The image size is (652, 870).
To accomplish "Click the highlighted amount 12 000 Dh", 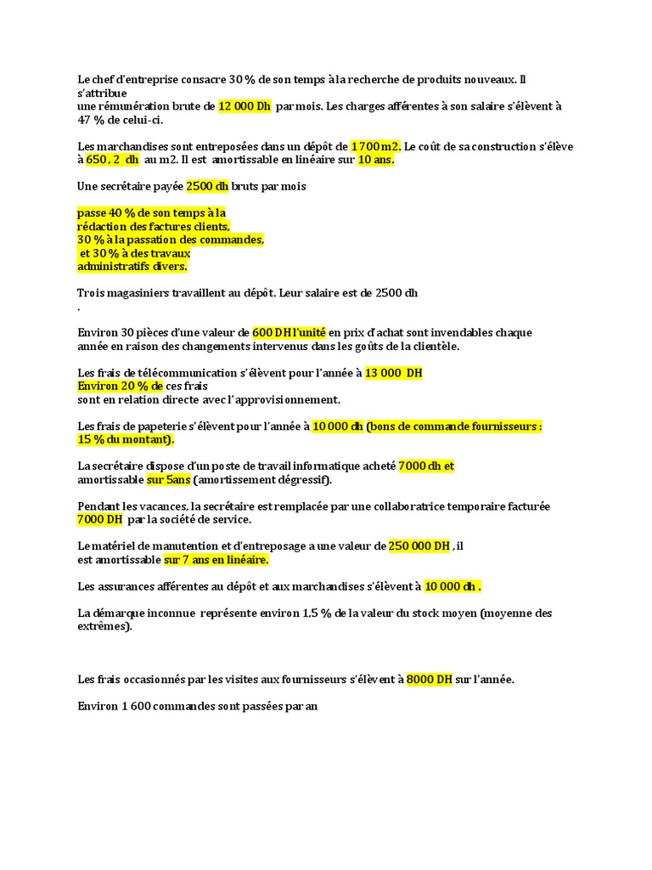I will tap(244, 106).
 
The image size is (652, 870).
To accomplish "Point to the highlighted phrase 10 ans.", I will tap(376, 159).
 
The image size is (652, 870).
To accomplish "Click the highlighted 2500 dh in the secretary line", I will tap(208, 186).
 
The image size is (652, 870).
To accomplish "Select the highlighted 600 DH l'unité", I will tap(289, 332).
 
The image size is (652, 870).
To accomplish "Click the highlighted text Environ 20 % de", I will tap(120, 386).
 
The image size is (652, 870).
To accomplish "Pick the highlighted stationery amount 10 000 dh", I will tap(338, 426).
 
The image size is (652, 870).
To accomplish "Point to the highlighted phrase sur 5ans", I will tap(169, 479).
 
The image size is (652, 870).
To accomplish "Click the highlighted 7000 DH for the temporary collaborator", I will tap(99, 519).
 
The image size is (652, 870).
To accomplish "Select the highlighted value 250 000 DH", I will tap(419, 546).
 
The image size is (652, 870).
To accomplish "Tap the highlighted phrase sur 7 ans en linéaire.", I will tap(216, 560).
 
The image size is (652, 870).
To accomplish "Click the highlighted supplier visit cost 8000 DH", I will tap(430, 680).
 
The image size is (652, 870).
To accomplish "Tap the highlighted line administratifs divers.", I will tap(132, 266).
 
